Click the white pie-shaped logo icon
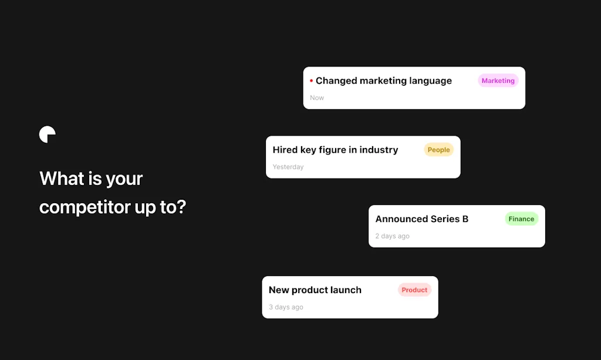click(x=47, y=134)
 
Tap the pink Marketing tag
click(x=498, y=81)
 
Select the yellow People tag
click(x=438, y=150)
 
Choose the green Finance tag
click(x=521, y=219)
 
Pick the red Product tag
click(x=414, y=290)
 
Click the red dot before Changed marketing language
click(x=311, y=81)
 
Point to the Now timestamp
click(x=317, y=98)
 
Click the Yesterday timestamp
click(x=288, y=167)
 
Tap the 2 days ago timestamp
click(x=392, y=237)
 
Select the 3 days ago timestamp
click(x=286, y=307)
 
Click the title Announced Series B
click(x=422, y=219)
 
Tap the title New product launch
click(x=315, y=290)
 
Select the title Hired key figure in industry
click(x=335, y=150)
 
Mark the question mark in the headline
click(x=181, y=207)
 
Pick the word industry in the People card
click(x=379, y=150)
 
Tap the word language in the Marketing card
click(x=430, y=81)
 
